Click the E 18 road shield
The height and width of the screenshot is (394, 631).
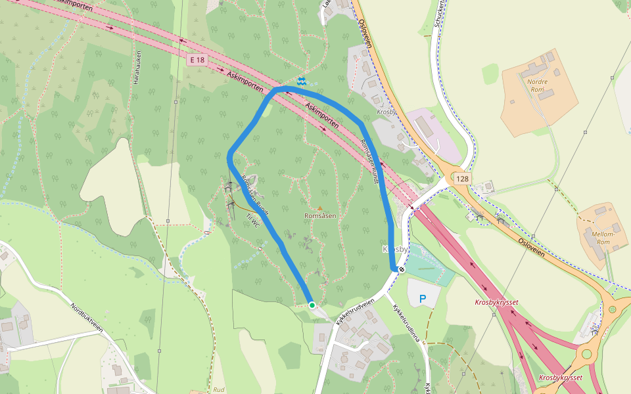click(197, 60)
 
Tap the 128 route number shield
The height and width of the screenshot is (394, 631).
click(463, 179)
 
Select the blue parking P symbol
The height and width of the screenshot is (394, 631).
click(423, 299)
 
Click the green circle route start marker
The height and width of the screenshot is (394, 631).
click(312, 305)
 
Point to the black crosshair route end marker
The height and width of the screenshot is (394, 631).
click(401, 269)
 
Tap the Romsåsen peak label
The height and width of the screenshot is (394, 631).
click(321, 216)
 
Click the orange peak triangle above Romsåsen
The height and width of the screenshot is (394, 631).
click(321, 208)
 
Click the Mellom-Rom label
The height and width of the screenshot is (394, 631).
click(603, 238)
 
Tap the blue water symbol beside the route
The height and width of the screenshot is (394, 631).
click(301, 81)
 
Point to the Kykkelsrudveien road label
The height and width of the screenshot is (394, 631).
click(354, 312)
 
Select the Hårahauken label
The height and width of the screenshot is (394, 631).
click(137, 68)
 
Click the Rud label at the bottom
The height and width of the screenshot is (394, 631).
click(219, 389)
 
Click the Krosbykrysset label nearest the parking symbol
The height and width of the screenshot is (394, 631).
click(496, 302)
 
